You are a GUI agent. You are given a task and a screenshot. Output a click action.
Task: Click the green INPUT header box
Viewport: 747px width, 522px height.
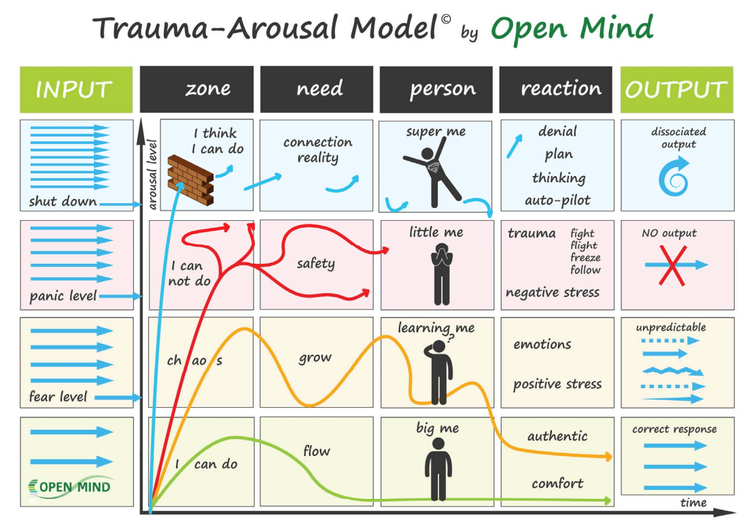click(x=75, y=89)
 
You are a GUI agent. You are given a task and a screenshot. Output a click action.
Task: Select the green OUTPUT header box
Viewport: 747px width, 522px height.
click(x=676, y=89)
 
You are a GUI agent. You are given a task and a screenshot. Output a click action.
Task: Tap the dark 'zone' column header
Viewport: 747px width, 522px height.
click(x=197, y=89)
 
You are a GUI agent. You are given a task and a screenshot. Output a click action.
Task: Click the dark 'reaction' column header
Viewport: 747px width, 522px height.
click(x=561, y=89)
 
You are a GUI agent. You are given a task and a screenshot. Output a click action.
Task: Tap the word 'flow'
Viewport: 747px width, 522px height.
click(x=317, y=451)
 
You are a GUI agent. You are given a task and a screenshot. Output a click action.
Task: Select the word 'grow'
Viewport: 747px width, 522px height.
click(x=315, y=358)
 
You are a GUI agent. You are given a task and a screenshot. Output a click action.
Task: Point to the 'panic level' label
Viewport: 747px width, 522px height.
click(x=63, y=296)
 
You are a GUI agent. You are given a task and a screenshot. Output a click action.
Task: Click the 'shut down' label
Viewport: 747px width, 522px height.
click(x=63, y=201)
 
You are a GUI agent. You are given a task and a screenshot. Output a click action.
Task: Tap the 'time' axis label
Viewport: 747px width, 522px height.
click(x=693, y=503)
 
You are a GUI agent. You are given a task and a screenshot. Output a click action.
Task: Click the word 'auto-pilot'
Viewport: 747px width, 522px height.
click(x=557, y=200)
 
